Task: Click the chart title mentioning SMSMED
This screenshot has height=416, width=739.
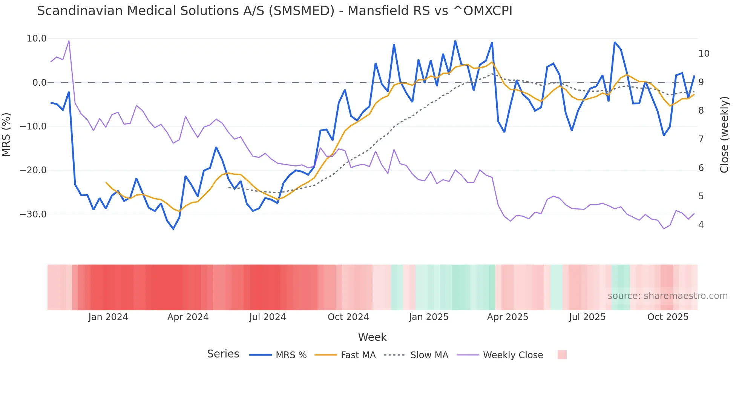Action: pyautogui.click(x=274, y=11)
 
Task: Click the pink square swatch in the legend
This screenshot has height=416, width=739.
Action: pyautogui.click(x=562, y=355)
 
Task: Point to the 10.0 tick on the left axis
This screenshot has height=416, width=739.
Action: pyautogui.click(x=37, y=39)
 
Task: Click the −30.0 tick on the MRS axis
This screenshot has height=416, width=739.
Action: pyautogui.click(x=33, y=214)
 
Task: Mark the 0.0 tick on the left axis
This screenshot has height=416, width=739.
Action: pyautogui.click(x=39, y=82)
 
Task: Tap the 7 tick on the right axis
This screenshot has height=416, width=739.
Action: pyautogui.click(x=701, y=139)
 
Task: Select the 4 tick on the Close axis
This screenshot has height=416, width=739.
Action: pyautogui.click(x=701, y=225)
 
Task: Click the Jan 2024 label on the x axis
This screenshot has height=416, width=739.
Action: pyautogui.click(x=108, y=317)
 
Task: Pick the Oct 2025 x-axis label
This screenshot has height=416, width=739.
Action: pyautogui.click(x=668, y=317)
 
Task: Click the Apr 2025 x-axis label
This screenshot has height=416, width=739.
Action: pyautogui.click(x=507, y=317)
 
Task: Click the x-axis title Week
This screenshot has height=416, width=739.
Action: pyautogui.click(x=372, y=337)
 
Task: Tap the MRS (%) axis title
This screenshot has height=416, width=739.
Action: pyautogui.click(x=6, y=134)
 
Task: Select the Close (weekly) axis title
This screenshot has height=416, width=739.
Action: pyautogui.click(x=724, y=135)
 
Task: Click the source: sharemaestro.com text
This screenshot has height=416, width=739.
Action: pyautogui.click(x=667, y=296)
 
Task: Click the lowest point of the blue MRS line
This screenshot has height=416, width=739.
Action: pyautogui.click(x=173, y=229)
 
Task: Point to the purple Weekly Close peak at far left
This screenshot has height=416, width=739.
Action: pyautogui.click(x=69, y=41)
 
